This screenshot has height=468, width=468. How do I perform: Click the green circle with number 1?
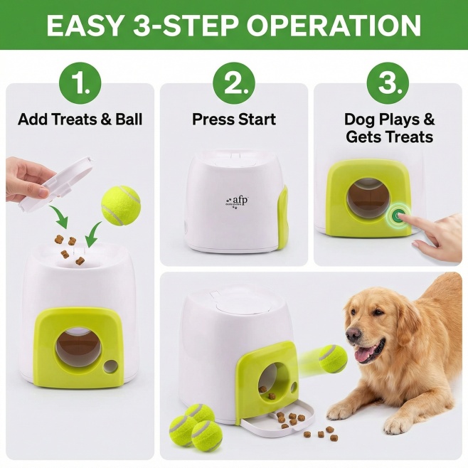coord(80,83)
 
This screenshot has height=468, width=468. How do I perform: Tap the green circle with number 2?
coord(234,83)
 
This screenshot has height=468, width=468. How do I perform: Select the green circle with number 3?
coord(388,83)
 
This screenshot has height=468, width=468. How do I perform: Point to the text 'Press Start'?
coord(234,119)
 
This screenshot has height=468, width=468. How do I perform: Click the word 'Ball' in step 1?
coord(129,119)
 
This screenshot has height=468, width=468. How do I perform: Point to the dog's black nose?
coord(353,334)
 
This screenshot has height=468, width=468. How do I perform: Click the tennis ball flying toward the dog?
coord(333,358)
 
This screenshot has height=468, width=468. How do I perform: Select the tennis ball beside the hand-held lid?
coord(121,205)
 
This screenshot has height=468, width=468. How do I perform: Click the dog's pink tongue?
coord(366,355)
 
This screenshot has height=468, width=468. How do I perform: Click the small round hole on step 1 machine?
coord(110,366)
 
